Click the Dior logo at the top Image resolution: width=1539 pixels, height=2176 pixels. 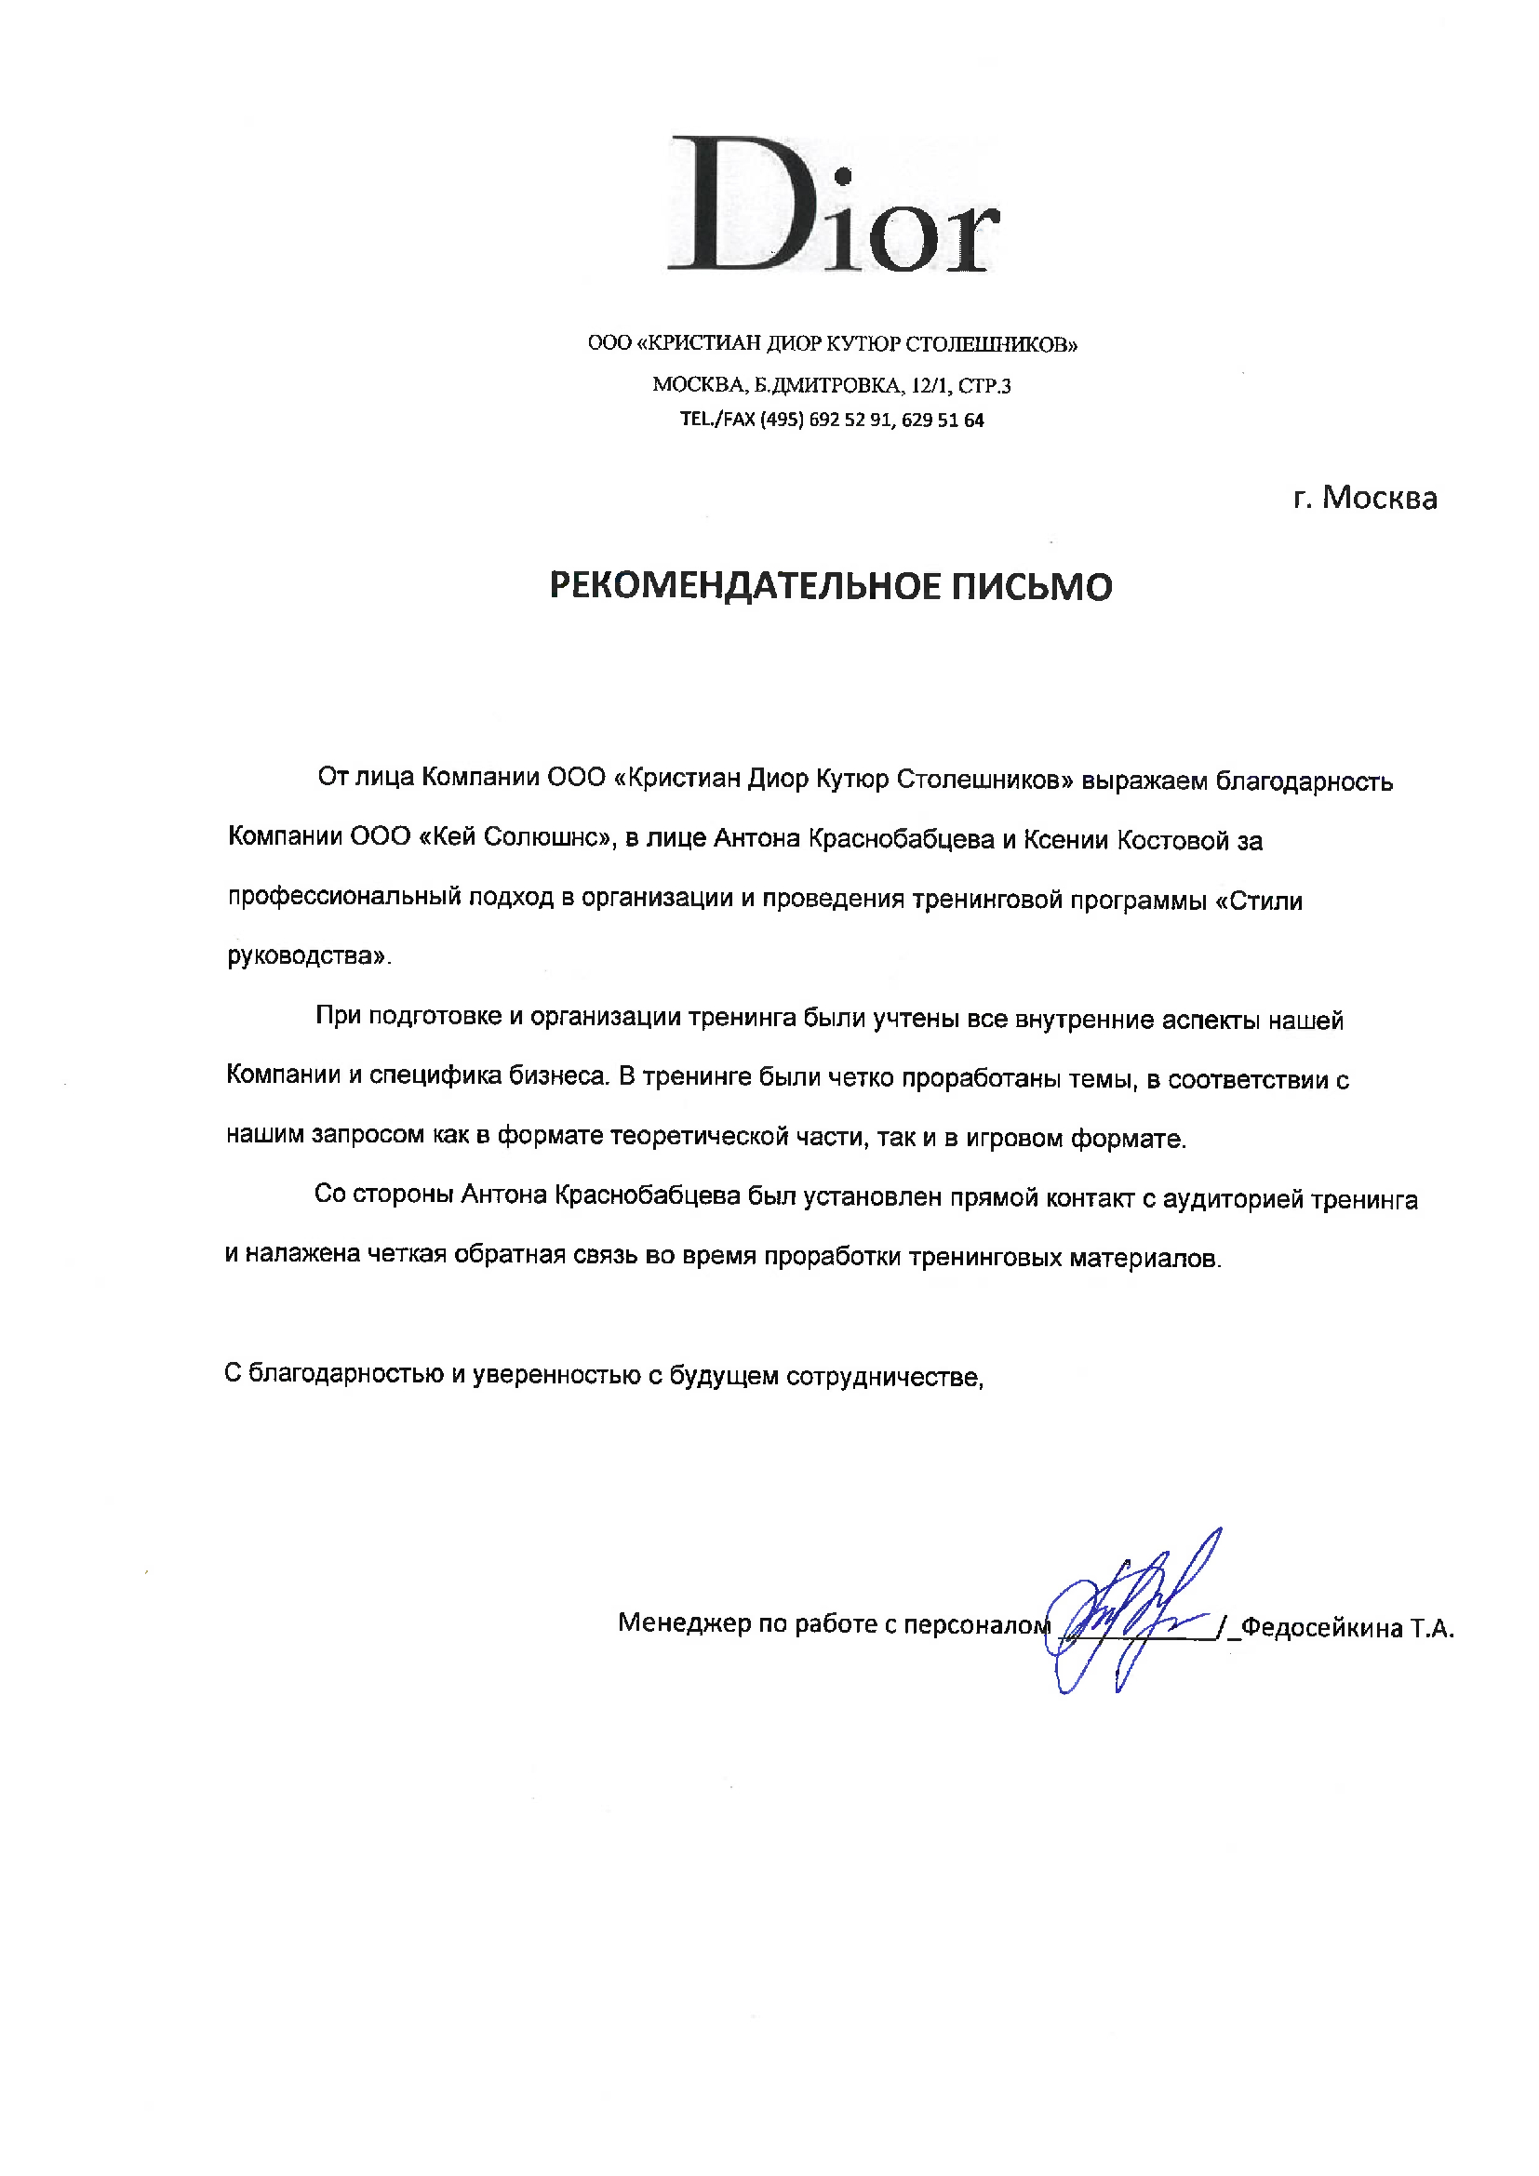834,205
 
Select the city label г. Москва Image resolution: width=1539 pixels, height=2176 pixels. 1365,498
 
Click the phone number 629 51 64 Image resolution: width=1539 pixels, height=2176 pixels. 943,421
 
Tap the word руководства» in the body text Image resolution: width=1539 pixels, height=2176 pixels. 309,956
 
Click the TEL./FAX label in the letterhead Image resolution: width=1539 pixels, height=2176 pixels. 717,420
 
